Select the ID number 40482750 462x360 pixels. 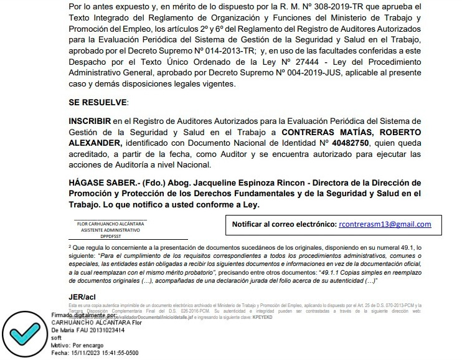[351, 143]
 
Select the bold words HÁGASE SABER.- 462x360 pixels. [102, 182]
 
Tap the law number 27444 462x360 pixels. [296, 62]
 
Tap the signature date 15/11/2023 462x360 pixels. [88, 353]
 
